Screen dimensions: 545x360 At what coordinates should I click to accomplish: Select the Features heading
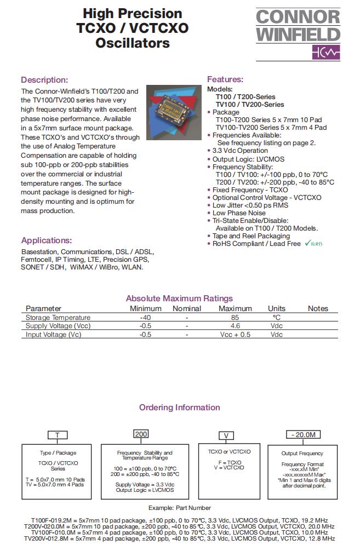pos(225,79)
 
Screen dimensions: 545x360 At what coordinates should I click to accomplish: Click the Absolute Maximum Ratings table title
pos(179,299)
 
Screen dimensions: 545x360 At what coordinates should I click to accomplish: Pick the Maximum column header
pos(235,308)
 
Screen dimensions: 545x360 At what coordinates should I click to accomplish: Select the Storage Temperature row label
pos(58,317)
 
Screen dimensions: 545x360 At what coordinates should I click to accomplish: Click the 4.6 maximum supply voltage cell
pos(235,326)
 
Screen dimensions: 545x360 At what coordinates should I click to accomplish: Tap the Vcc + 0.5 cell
pos(235,334)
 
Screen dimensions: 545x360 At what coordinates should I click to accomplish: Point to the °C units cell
pos(276,317)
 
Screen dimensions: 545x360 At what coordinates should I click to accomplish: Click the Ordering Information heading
pos(179,408)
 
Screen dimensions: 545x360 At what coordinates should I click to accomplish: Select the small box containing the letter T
pos(58,436)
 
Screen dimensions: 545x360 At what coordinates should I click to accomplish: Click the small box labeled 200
pos(141,434)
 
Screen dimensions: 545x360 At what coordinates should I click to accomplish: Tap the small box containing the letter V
pos(224,436)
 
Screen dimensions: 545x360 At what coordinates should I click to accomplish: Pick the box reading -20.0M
pos(302,434)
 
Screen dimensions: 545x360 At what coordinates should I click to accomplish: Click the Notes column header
pos(317,308)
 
